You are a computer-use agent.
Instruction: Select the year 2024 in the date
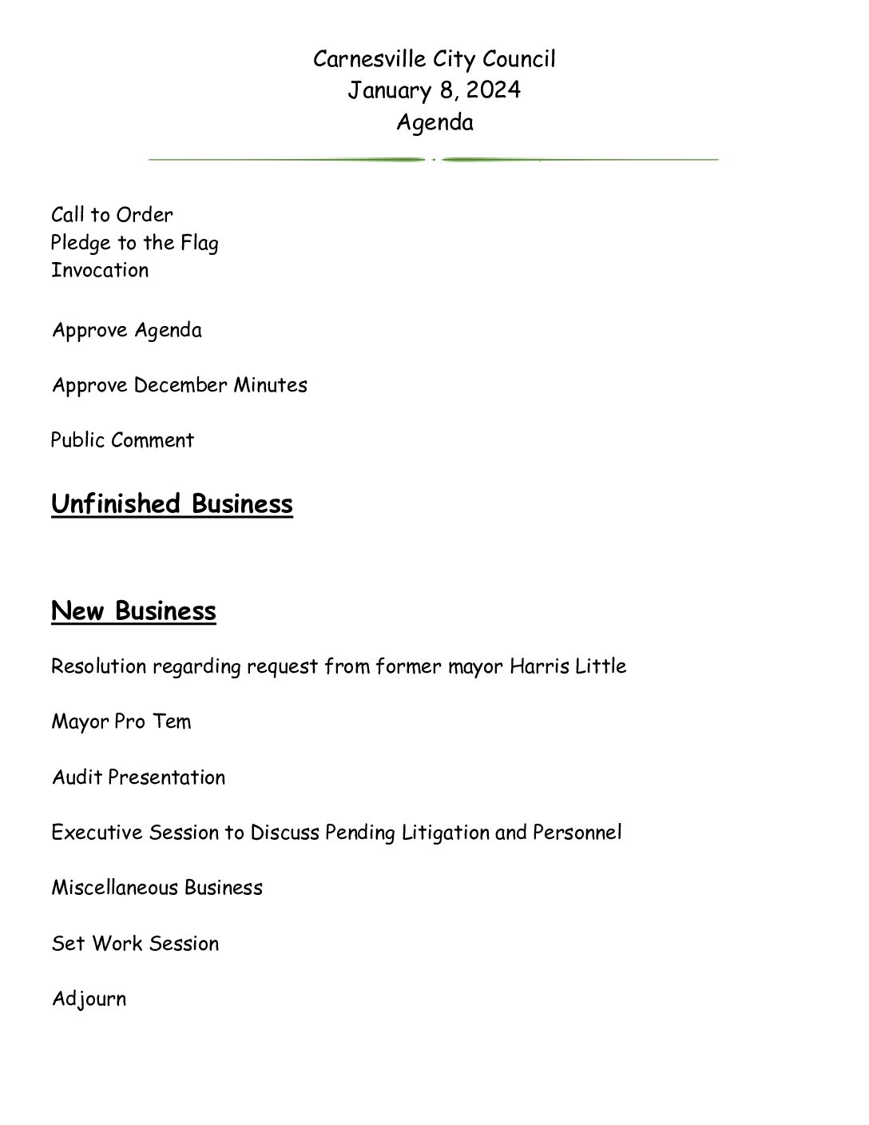[494, 90]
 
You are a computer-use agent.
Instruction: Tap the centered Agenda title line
[434, 122]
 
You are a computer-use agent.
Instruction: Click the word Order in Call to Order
[144, 215]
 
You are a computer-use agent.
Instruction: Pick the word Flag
[199, 243]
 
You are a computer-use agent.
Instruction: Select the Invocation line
[100, 270]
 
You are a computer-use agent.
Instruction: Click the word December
[181, 385]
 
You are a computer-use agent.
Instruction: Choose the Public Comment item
[122, 440]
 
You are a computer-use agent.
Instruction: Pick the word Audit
[77, 777]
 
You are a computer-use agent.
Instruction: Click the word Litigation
[445, 833]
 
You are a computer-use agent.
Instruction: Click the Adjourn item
[89, 1000]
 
